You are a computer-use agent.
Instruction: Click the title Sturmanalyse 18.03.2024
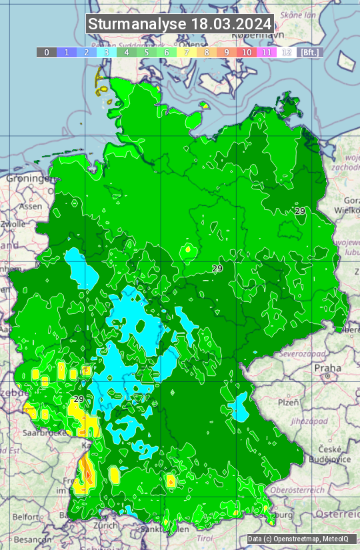coord(180,24)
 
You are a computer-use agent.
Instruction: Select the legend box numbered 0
coord(46,52)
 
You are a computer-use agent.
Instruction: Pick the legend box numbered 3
coord(107,52)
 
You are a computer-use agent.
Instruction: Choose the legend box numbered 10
coord(247,52)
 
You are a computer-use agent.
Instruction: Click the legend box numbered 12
coord(286,52)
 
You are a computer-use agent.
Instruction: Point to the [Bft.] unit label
coord(309,52)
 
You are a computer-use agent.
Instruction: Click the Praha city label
coord(327,367)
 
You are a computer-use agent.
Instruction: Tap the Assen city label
coord(30,206)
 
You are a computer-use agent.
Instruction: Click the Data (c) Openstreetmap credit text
coord(298,539)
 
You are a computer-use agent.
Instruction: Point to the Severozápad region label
coord(303,353)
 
